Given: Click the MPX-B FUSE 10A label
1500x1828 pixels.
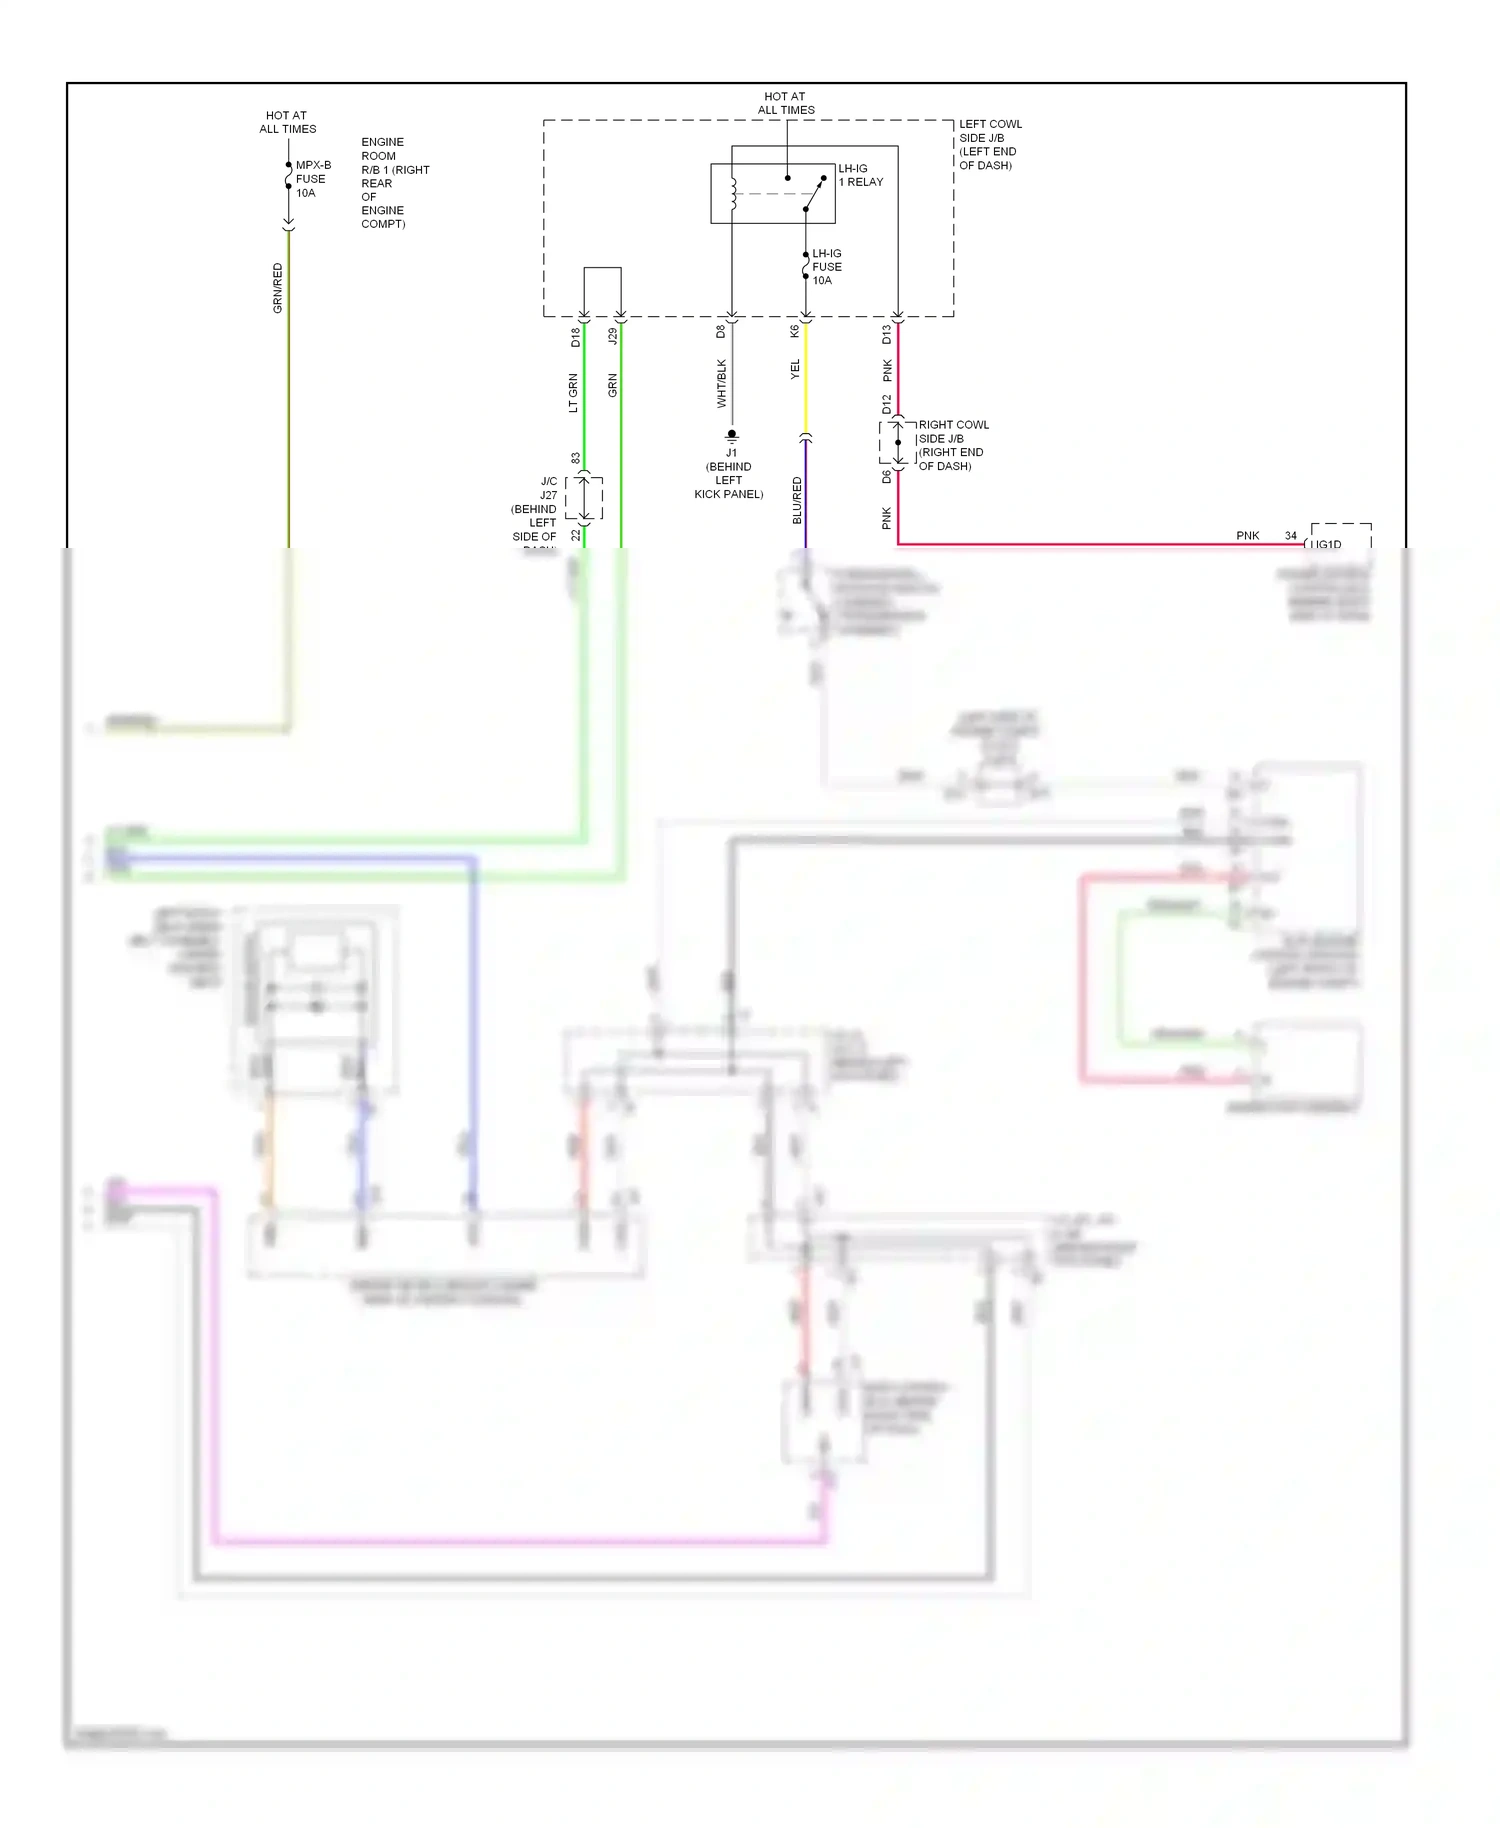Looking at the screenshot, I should [x=312, y=179].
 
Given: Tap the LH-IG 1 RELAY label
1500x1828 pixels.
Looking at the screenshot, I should [x=860, y=175].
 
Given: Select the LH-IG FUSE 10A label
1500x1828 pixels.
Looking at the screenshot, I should [x=826, y=267].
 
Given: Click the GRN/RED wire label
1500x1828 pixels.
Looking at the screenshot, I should [x=278, y=288].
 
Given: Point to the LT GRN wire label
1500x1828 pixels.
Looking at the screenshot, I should [x=573, y=393].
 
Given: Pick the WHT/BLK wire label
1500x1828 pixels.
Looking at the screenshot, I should [x=721, y=384].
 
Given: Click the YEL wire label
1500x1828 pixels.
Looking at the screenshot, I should [x=795, y=369].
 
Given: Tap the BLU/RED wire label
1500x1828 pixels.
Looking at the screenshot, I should [x=797, y=500].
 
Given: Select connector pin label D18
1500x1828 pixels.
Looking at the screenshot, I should [x=575, y=337].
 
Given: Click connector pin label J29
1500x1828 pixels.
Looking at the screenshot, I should [x=612, y=337].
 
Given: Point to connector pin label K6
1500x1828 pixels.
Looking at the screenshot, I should [x=795, y=331].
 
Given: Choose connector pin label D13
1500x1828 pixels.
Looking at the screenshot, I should [x=886, y=335].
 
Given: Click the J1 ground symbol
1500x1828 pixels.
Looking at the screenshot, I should [x=731, y=435].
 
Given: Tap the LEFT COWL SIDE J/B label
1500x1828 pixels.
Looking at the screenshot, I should [x=989, y=145].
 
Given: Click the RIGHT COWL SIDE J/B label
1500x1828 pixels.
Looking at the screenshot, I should [x=952, y=445].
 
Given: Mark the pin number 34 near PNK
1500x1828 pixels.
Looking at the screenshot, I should [x=1290, y=536].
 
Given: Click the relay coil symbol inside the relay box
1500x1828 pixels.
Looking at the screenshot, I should [x=733, y=194].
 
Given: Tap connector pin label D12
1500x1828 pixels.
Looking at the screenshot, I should [x=886, y=404].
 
